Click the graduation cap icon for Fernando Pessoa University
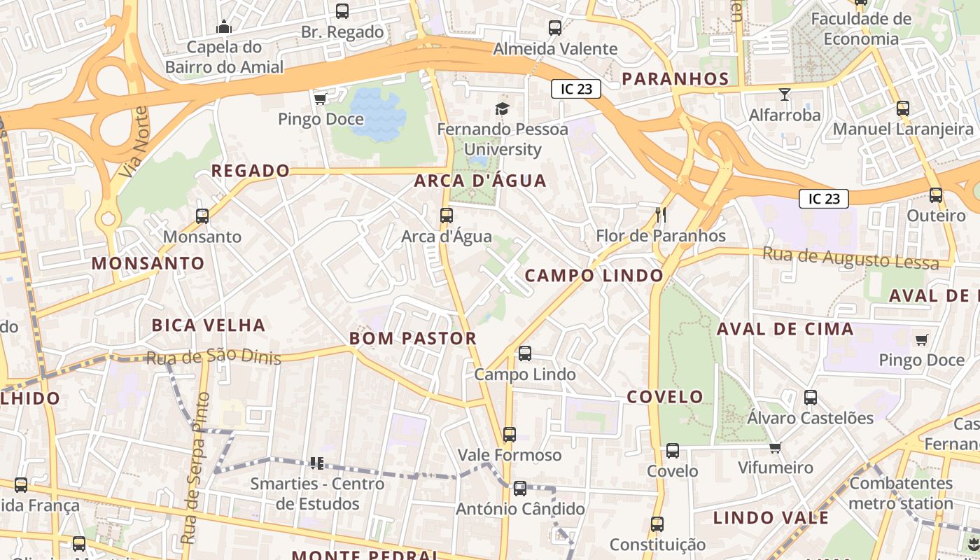click(x=502, y=108)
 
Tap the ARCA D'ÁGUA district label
click(x=480, y=181)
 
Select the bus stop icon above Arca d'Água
click(x=447, y=216)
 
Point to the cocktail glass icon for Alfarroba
click(x=784, y=94)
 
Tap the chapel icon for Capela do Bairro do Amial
click(x=224, y=27)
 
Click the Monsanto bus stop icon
click(x=202, y=216)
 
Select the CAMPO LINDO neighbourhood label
click(x=594, y=276)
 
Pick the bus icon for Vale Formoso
click(x=510, y=435)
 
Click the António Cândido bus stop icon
click(x=519, y=489)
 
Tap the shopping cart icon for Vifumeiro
click(x=775, y=447)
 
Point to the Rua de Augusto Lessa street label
click(x=850, y=258)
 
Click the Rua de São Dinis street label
click(x=213, y=358)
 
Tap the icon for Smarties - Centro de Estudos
click(x=316, y=463)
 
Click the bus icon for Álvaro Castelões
click(x=811, y=398)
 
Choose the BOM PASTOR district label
click(x=413, y=339)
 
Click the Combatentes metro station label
click(x=901, y=493)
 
